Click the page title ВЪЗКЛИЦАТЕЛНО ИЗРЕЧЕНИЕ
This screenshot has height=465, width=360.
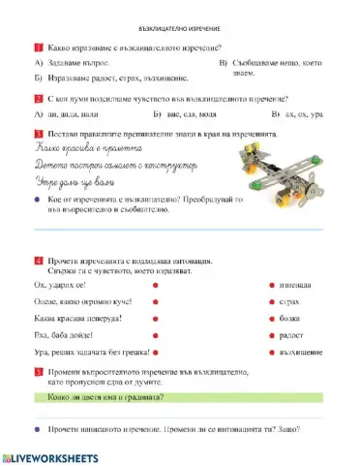(x=179, y=30)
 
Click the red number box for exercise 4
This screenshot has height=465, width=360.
(x=37, y=260)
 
